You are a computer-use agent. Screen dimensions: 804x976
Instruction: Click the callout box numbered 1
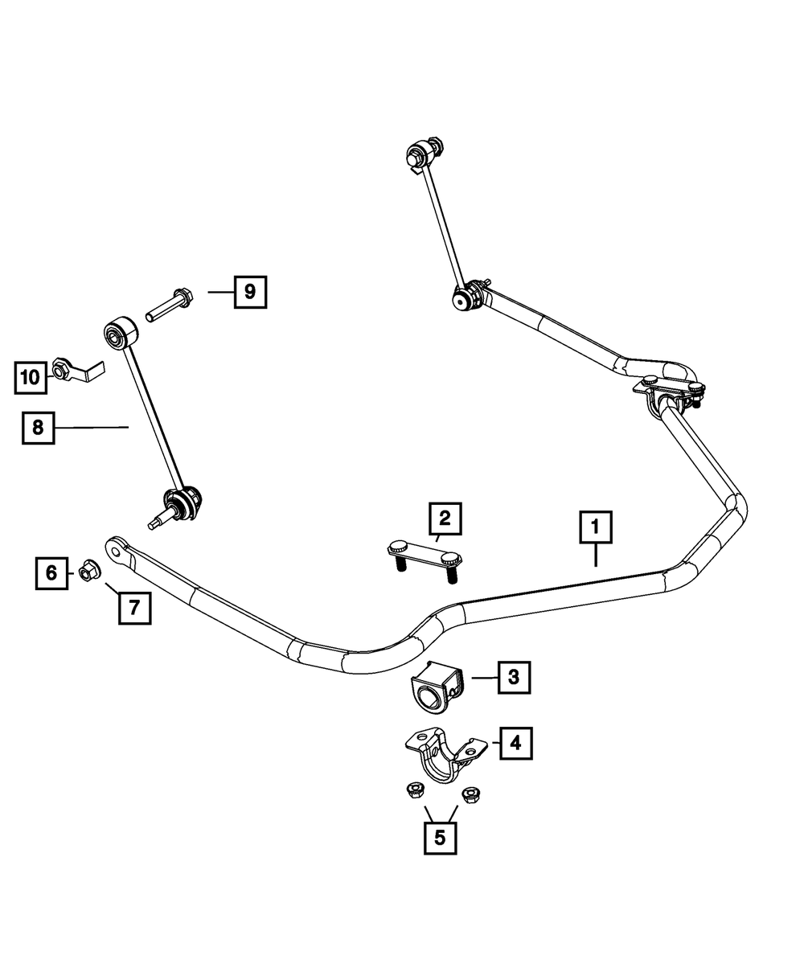(596, 527)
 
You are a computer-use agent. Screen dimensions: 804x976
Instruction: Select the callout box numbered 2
(445, 519)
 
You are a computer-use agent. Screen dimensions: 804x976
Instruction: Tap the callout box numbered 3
(514, 677)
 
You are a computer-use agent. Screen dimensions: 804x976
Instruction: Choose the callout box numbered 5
(440, 838)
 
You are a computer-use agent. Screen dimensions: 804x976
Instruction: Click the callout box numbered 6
(51, 573)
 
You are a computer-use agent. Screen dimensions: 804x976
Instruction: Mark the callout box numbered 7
(134, 608)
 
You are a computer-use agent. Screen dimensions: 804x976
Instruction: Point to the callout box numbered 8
(39, 428)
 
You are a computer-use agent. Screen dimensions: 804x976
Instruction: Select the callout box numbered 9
(251, 292)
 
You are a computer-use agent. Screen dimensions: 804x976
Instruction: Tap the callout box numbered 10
(31, 378)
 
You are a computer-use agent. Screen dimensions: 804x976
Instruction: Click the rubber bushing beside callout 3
(437, 687)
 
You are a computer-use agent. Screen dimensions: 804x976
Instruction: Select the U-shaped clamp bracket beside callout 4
(445, 755)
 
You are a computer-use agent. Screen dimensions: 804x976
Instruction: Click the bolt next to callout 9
(169, 305)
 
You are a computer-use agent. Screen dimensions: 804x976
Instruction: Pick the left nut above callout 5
(415, 790)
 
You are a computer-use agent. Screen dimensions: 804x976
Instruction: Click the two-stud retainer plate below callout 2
(425, 561)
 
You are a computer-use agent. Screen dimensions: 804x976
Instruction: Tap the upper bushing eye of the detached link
(121, 333)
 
